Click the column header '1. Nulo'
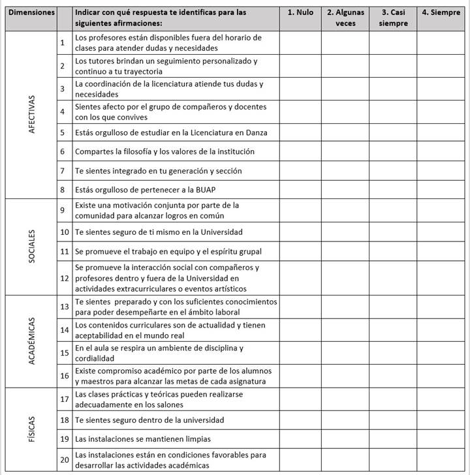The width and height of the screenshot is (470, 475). pos(300,12)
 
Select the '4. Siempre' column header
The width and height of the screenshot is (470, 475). pos(441,12)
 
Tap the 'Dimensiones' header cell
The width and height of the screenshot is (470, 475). pos(31,12)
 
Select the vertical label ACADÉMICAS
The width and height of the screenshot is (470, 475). pos(32,341)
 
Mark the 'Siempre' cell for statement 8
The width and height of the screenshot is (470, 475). pos(441,190)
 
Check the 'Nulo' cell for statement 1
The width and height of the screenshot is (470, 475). pos(300,42)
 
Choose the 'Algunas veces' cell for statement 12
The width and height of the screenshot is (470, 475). pos(345,277)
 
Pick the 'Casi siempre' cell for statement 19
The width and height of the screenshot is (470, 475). pos(393,438)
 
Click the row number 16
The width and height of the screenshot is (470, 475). pos(64,376)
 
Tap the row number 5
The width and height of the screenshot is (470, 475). pos(62,132)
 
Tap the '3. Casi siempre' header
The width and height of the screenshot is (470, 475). pos(393,18)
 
